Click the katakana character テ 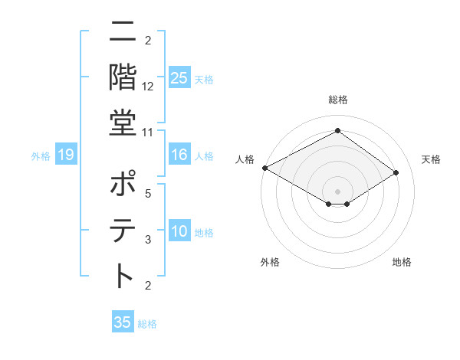pos(123,230)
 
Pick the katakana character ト pos(123,276)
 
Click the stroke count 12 pos(148,87)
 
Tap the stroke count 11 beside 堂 pos(148,133)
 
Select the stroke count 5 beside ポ pos(148,194)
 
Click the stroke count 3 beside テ pos(148,240)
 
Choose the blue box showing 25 pos(179,78)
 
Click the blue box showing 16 pos(179,155)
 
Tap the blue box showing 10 pos(179,232)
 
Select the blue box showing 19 pos(65,155)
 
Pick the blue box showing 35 pos(123,322)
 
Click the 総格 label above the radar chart pos(337,100)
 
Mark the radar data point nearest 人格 pos(264,168)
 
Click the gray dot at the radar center pos(337,190)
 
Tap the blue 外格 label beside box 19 pos(41,156)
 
